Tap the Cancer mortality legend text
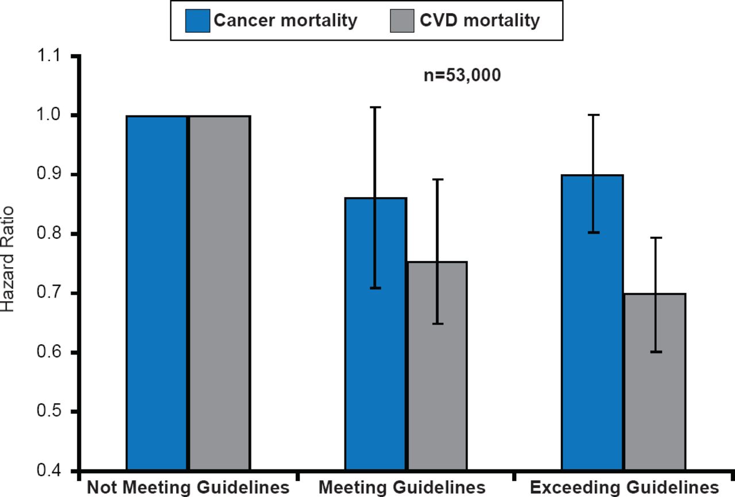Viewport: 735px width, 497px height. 285,21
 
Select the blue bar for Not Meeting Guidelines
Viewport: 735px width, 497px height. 157,293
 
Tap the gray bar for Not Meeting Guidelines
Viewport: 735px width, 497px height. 220,293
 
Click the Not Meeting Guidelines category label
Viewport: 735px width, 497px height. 188,488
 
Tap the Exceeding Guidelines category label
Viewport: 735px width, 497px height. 624,488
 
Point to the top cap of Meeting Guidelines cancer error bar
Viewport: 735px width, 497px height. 376,107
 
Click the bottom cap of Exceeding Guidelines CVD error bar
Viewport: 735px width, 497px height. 655,352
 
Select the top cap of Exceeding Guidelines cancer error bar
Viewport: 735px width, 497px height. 593,115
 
